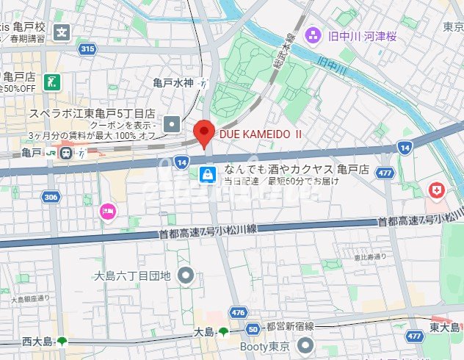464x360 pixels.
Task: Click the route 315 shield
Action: click(87, 49)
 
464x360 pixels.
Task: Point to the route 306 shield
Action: click(50, 197)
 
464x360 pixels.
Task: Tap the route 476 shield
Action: click(237, 312)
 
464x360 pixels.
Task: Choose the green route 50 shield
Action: click(253, 330)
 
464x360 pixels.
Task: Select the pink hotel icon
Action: click(107, 212)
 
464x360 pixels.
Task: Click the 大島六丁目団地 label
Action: click(132, 276)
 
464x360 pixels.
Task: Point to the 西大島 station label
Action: click(37, 342)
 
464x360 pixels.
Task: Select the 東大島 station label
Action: click(446, 328)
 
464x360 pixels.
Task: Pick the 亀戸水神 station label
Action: click(173, 84)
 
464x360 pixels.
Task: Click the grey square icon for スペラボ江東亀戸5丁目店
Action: click(172, 124)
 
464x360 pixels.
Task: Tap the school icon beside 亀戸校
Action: click(63, 32)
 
